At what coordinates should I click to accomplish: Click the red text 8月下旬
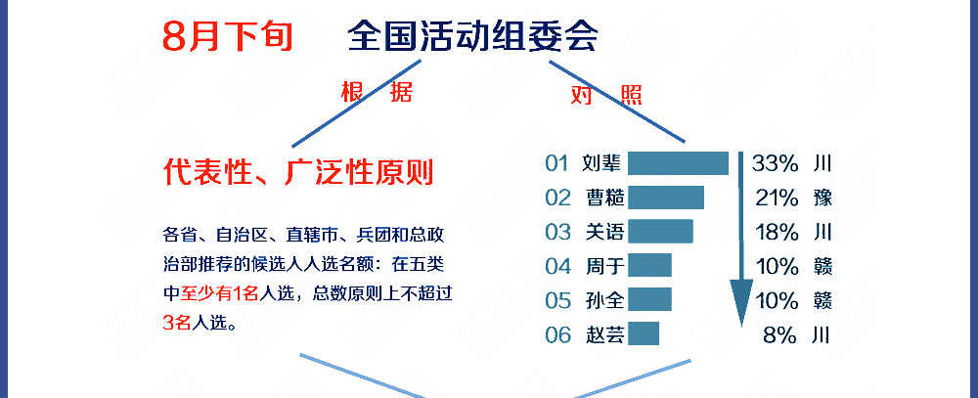point(228,36)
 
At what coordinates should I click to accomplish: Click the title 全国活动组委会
point(472,36)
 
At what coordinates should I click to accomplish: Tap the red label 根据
point(377,92)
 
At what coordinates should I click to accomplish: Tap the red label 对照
point(606,95)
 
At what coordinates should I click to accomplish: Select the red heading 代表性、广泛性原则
point(298,171)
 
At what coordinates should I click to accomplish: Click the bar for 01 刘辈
point(678,163)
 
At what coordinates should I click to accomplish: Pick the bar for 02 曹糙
point(666,198)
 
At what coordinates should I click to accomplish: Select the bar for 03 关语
point(660,231)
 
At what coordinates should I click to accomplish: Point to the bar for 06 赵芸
point(644,333)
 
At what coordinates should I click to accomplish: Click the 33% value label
point(776,163)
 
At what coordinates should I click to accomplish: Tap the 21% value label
point(778,198)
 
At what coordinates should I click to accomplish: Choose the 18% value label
point(778,232)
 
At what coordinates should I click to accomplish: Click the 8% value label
point(780,335)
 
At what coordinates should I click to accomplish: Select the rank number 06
point(557,335)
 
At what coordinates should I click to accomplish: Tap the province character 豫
point(822,198)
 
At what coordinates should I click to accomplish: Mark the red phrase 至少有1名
point(219,292)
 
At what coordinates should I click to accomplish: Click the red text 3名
point(176,322)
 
